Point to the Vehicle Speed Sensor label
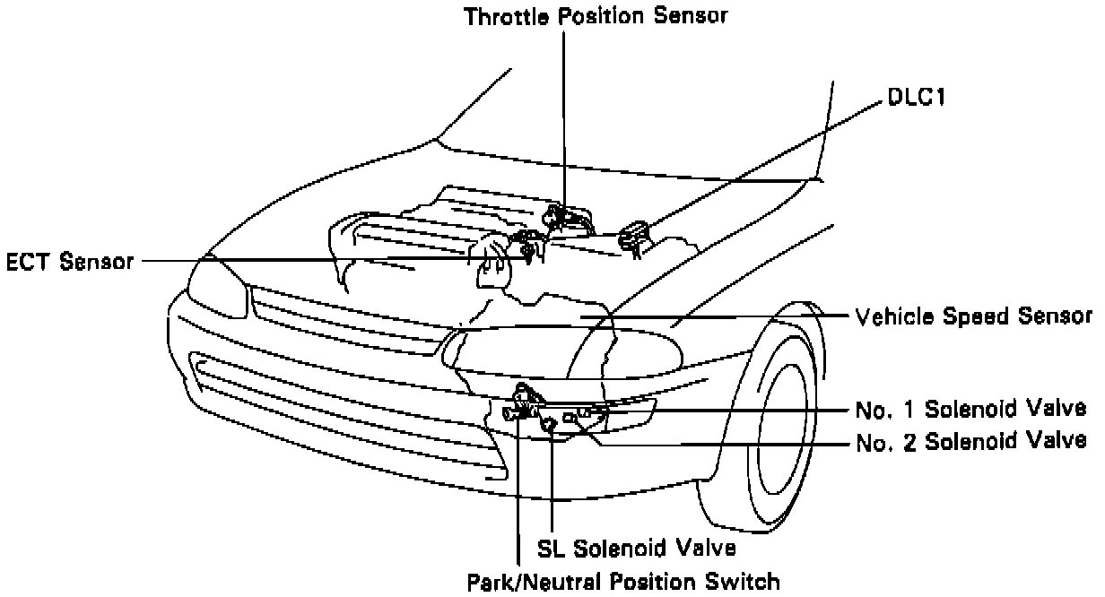pos(972,316)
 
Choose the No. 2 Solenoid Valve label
pos(972,441)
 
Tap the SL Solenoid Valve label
pos(636,546)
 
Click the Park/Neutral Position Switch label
pos(623,581)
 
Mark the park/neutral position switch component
pos(521,401)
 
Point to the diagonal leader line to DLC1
pos(762,166)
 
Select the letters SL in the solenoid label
pos(548,546)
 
